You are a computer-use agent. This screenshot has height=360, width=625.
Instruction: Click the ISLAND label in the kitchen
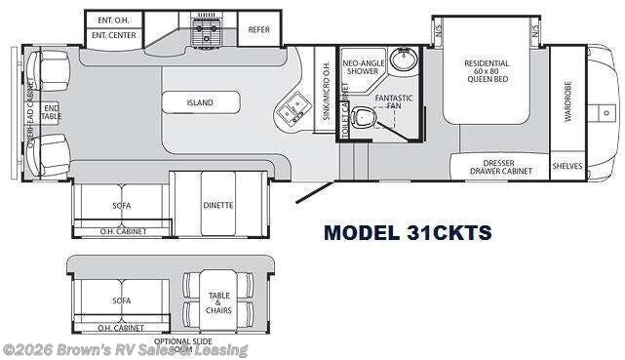[201, 102]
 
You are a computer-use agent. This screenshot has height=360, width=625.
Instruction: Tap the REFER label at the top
[258, 30]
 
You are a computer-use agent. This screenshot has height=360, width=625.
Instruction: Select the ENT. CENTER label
[113, 36]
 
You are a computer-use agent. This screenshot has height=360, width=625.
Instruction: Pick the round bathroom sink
[403, 60]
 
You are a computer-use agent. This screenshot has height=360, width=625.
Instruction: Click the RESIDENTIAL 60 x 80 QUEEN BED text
[487, 71]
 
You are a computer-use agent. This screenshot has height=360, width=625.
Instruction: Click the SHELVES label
[567, 167]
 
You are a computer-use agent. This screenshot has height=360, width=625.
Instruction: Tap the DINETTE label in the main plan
[218, 205]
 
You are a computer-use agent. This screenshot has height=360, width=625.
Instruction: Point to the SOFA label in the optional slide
[122, 300]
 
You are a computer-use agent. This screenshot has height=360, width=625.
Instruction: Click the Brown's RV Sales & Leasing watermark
[125, 350]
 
